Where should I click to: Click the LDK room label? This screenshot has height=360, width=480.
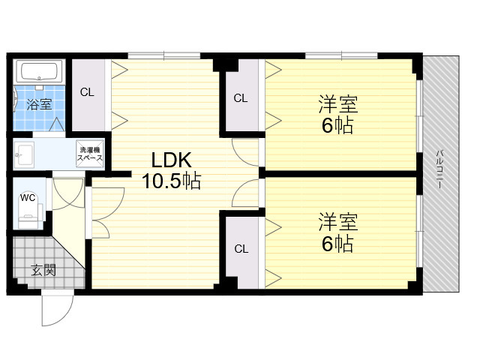tap(172, 160)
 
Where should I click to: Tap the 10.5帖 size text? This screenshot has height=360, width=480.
tap(172, 181)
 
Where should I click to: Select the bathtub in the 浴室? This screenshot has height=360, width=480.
tap(39, 71)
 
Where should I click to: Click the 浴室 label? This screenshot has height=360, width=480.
tap(39, 105)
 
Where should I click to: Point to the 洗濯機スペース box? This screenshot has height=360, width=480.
tap(90, 154)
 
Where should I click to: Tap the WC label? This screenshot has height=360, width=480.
tap(28, 198)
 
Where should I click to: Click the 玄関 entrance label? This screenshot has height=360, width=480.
tap(43, 271)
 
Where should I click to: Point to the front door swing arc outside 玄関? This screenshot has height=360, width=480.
tap(67, 315)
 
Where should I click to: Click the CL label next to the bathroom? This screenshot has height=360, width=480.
tap(87, 92)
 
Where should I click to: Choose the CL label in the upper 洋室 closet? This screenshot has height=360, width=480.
tap(240, 98)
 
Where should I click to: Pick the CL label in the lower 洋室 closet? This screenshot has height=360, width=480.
tap(241, 249)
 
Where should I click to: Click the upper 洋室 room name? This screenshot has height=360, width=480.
tap(338, 104)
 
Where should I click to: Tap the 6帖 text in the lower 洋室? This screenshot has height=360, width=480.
tap(337, 244)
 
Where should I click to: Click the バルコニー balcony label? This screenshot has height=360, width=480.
tap(439, 169)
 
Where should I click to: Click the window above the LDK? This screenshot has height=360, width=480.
tap(164, 55)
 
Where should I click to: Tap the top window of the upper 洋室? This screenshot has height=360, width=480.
tap(341, 55)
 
